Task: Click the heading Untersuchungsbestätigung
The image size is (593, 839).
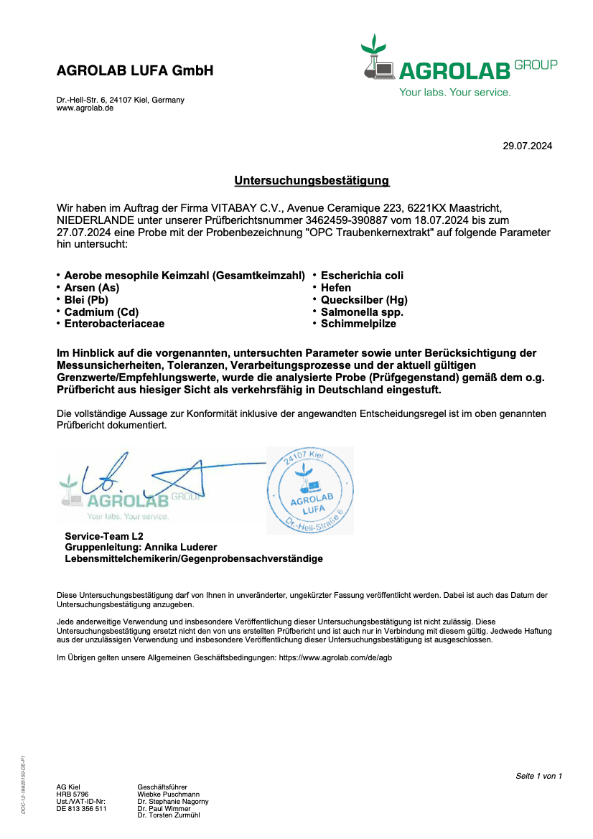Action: click(312, 181)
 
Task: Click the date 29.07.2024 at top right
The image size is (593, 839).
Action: click(527, 146)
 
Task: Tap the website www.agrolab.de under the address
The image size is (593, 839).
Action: click(85, 108)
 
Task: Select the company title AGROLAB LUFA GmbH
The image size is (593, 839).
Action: click(135, 71)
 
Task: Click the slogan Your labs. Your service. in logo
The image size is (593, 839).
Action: click(455, 93)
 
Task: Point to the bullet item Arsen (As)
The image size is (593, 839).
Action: click(92, 288)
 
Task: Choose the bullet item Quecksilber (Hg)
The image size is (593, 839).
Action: click(364, 300)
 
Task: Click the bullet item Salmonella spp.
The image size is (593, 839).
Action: click(362, 312)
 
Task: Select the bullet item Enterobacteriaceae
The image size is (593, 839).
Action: click(114, 324)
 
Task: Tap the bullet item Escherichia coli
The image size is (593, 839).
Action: click(362, 276)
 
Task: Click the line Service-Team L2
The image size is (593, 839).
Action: click(104, 536)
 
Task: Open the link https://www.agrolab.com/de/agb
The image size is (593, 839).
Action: click(335, 657)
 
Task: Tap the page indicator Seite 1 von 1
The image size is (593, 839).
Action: click(538, 776)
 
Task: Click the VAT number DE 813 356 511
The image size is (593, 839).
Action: click(81, 808)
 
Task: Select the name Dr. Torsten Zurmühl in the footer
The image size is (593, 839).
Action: click(169, 815)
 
